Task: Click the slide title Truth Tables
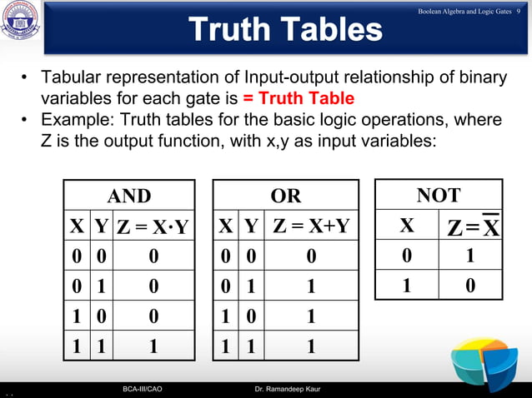285,29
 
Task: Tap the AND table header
129,196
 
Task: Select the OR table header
286,196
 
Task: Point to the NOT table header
438,195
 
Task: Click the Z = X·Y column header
153,226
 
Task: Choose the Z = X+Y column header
310,226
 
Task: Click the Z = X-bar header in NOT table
471,227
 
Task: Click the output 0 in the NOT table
471,286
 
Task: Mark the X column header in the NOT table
406,226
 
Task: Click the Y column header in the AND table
101,226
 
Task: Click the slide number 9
519,9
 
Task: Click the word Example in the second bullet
77,121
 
